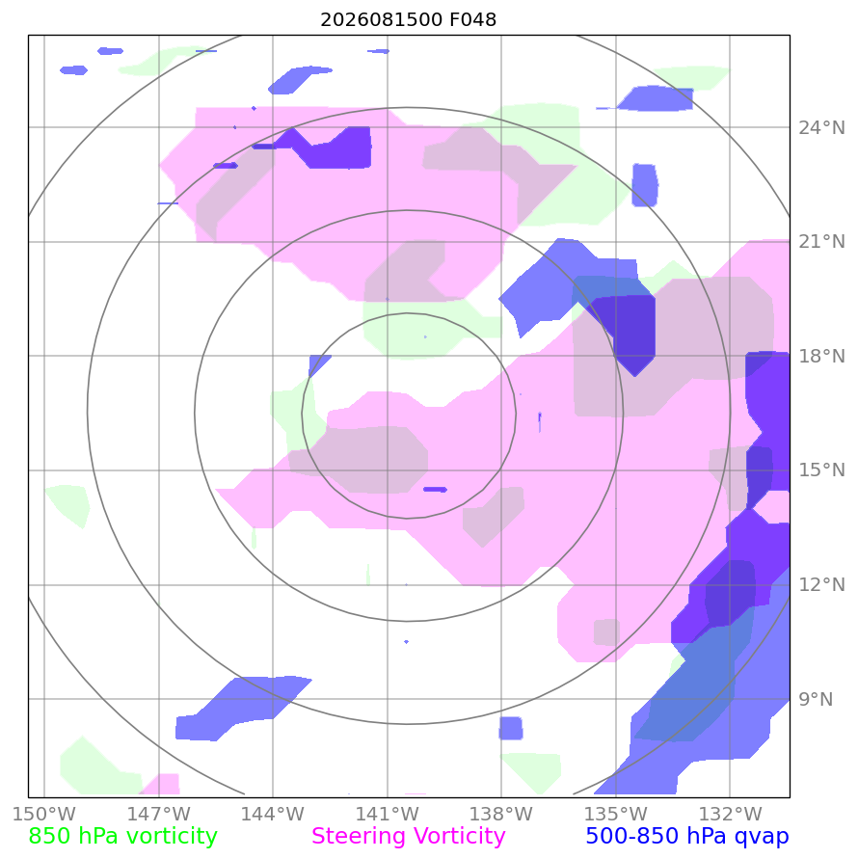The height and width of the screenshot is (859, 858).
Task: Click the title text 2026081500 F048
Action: (408, 19)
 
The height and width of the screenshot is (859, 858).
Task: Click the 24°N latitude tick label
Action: (821, 127)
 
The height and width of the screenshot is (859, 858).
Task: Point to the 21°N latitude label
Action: (821, 242)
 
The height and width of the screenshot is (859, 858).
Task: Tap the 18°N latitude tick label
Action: (821, 356)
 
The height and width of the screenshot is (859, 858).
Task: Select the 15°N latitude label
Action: (821, 470)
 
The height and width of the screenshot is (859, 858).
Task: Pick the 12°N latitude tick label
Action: (821, 584)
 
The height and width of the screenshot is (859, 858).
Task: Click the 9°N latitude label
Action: (816, 699)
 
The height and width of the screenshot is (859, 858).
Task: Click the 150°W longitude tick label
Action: (43, 814)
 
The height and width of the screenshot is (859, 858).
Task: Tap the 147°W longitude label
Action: (159, 814)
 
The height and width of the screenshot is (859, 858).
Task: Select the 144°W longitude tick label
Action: (273, 814)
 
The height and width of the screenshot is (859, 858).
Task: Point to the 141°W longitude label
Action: (388, 814)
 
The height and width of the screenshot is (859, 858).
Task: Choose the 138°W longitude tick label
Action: (501, 814)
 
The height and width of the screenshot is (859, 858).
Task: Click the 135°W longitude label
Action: (616, 814)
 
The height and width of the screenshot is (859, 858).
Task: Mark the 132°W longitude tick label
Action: (730, 814)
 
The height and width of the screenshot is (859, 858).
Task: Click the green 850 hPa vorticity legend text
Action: (122, 836)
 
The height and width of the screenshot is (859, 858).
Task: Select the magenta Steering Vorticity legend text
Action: (408, 836)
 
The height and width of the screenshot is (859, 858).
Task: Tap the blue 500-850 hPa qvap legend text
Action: (687, 836)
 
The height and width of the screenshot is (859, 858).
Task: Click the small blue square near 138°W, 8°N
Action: (511, 728)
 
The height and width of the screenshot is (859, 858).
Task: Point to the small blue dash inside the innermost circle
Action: (435, 489)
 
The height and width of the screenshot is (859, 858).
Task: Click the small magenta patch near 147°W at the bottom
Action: (161, 784)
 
